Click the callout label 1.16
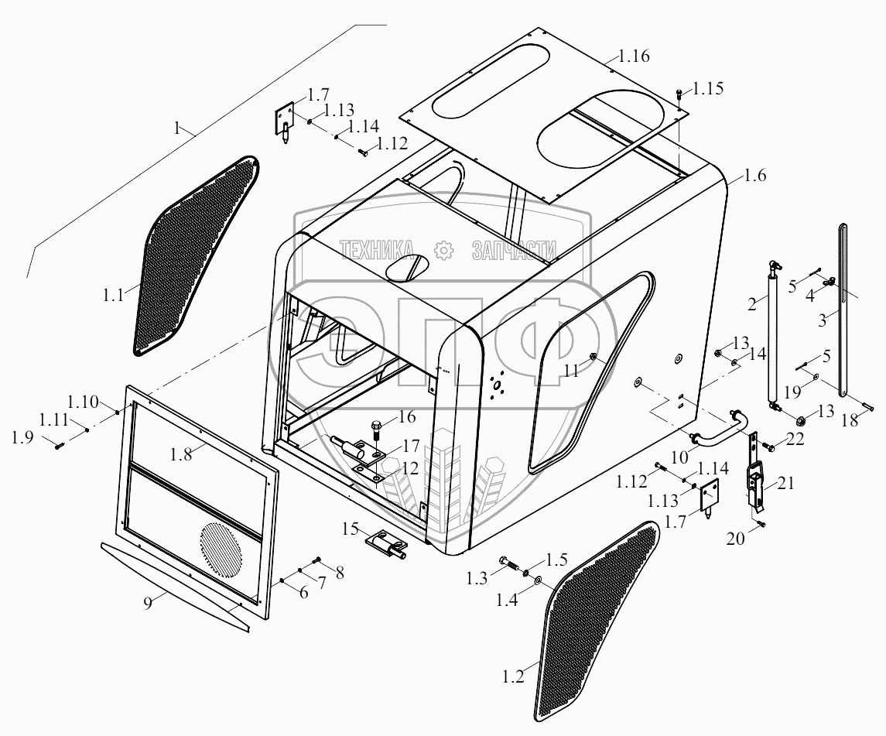pos(633,56)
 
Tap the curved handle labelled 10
pos(720,430)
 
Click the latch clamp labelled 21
pos(756,484)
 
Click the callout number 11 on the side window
pos(570,371)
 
